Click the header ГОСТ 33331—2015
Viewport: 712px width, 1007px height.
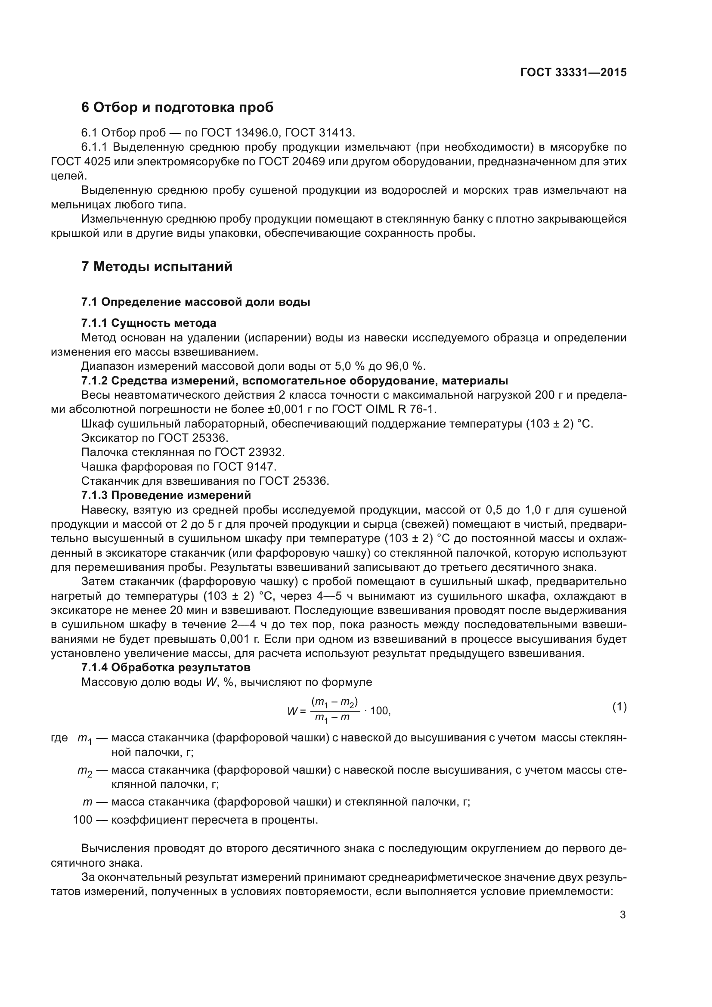tap(573, 72)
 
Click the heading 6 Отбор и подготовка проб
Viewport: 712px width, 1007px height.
tap(177, 107)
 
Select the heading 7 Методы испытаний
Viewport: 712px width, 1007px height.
tap(157, 266)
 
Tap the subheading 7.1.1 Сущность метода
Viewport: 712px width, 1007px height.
tap(149, 323)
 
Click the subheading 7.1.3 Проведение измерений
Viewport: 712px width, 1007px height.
tap(166, 495)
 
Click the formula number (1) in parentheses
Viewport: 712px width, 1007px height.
tap(619, 706)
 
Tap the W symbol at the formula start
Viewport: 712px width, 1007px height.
tap(292, 711)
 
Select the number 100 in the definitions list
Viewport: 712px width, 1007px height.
tap(82, 819)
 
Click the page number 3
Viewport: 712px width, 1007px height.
tap(622, 911)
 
